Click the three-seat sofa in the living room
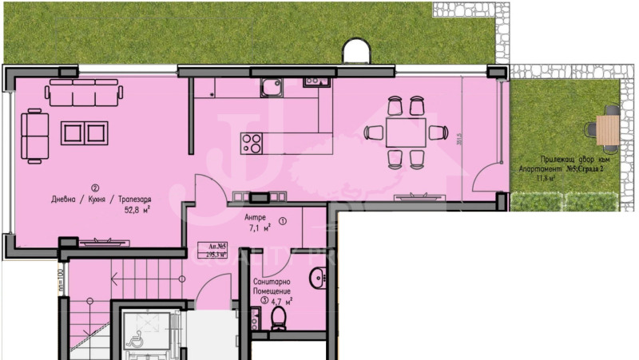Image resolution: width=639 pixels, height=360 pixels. pyautogui.click(x=85, y=93)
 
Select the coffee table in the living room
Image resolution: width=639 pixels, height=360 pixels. pyautogui.click(x=84, y=133)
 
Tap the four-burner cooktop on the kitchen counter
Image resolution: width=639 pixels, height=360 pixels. pyautogui.click(x=253, y=143)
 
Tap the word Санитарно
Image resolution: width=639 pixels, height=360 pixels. pyautogui.click(x=272, y=283)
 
